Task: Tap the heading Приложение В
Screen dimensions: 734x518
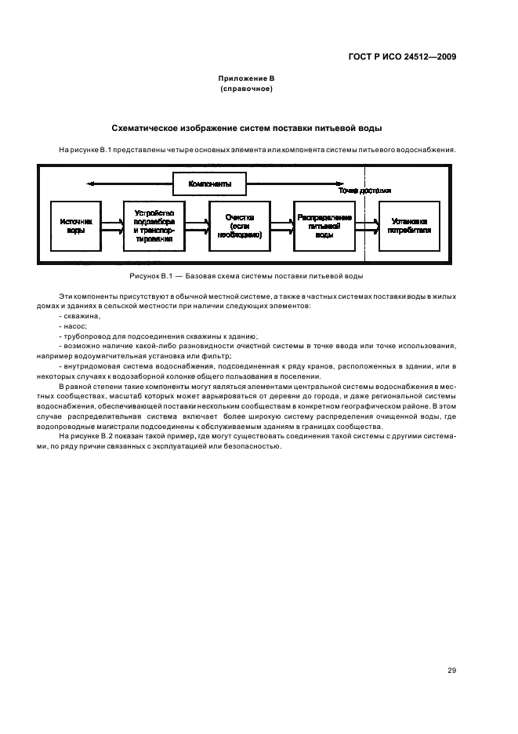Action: click(246, 79)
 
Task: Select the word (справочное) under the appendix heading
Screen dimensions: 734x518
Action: click(246, 89)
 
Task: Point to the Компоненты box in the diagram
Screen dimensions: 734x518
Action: click(210, 183)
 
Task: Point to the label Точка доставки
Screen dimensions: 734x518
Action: click(365, 191)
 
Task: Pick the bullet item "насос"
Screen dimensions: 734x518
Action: click(74, 325)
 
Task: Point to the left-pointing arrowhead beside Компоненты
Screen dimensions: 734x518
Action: click(92, 183)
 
